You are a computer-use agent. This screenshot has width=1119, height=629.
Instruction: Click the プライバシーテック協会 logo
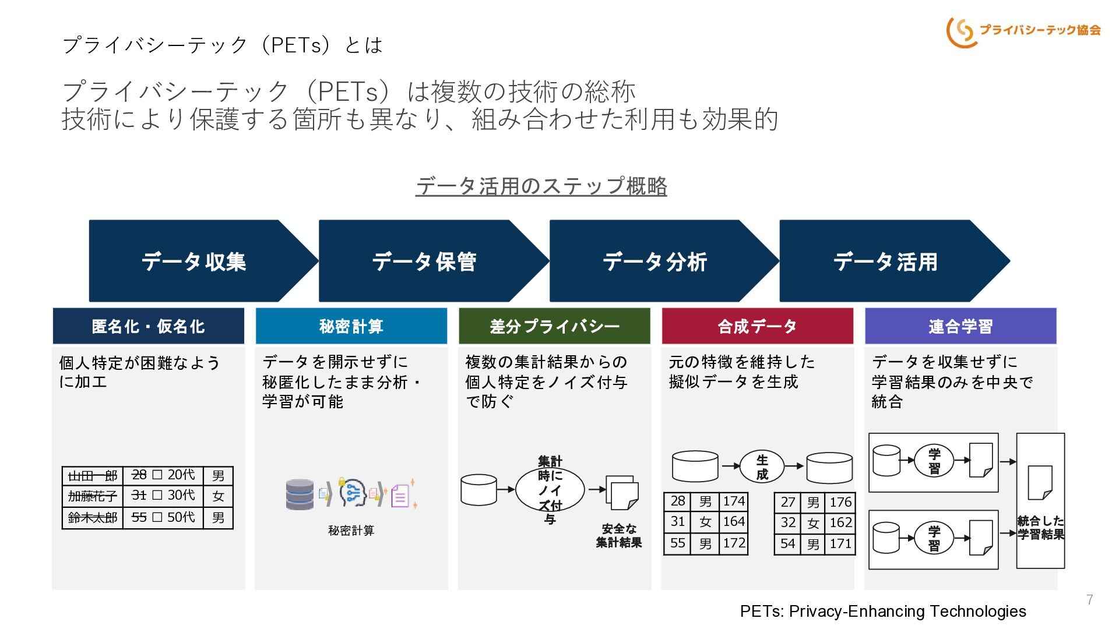click(1023, 31)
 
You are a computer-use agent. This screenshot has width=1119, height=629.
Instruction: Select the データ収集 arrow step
click(194, 262)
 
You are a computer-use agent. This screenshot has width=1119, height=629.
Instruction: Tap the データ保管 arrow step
click(424, 262)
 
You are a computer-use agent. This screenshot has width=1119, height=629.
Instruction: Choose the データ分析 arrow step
click(654, 262)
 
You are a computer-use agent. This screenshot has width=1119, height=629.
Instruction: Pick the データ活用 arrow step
click(885, 262)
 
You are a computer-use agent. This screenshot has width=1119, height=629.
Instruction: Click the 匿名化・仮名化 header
click(148, 326)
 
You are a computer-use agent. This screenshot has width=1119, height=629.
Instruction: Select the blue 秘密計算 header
click(351, 326)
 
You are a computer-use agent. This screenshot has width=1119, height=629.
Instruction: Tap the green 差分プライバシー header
click(554, 326)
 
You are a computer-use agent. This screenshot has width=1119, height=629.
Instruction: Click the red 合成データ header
click(757, 326)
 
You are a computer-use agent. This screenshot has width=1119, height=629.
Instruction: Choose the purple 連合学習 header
click(960, 326)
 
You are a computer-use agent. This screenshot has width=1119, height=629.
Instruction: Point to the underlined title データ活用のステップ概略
click(541, 186)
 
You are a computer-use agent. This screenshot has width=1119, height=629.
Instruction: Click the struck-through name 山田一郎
click(93, 476)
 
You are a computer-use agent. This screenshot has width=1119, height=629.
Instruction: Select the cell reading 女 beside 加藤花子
click(218, 496)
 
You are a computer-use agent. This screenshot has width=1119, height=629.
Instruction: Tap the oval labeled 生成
click(762, 467)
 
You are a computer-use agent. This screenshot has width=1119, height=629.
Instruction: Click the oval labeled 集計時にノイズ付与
click(550, 490)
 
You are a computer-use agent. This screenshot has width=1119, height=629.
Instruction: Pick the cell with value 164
click(734, 522)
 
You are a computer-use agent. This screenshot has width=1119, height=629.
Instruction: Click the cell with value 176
click(840, 502)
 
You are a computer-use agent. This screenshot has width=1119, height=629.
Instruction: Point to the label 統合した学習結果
click(1040, 528)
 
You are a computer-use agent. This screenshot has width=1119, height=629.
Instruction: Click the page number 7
click(1089, 599)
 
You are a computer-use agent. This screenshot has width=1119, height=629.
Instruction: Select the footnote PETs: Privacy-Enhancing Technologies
click(883, 611)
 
